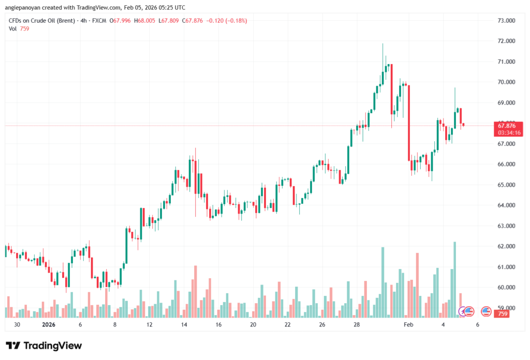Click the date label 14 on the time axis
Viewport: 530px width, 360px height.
(x=184, y=325)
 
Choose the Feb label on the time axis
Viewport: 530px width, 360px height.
(x=408, y=325)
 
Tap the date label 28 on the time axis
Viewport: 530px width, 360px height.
(x=357, y=325)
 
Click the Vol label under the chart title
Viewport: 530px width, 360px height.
(x=13, y=29)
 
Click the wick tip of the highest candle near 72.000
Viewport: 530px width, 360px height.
(x=383, y=44)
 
